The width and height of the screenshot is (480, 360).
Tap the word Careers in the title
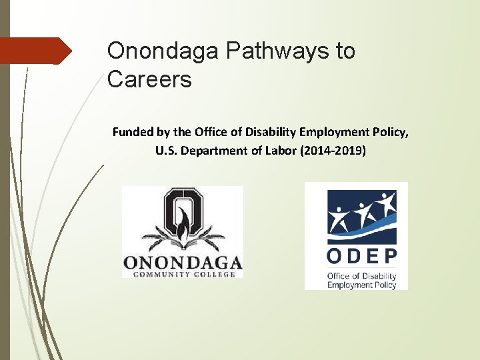(149, 80)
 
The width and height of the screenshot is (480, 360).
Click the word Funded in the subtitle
(132, 132)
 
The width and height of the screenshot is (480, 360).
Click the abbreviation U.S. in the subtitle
(167, 151)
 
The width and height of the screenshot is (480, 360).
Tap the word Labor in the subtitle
(283, 151)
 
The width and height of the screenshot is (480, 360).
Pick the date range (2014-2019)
(334, 151)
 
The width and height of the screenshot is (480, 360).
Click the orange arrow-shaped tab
(37, 51)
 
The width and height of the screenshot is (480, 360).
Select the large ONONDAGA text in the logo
(182, 261)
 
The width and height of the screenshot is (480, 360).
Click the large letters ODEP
(361, 256)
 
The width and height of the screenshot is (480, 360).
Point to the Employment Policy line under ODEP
(361, 285)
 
